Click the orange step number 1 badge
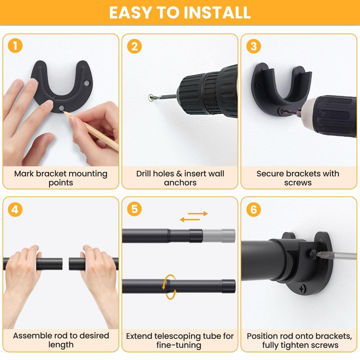[15, 45]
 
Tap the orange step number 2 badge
[134, 46]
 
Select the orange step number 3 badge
[253, 46]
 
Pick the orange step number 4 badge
[15, 209]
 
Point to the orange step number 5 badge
[134, 209]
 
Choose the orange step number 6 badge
[253, 209]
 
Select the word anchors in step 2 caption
[180, 183]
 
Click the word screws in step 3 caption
[298, 183]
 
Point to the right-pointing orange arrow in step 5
[198, 214]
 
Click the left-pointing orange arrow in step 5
[190, 220]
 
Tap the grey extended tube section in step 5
[219, 235]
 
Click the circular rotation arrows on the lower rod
[170, 287]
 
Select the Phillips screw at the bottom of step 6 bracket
[301, 288]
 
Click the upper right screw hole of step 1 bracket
[87, 83]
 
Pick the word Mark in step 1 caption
[24, 174]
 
